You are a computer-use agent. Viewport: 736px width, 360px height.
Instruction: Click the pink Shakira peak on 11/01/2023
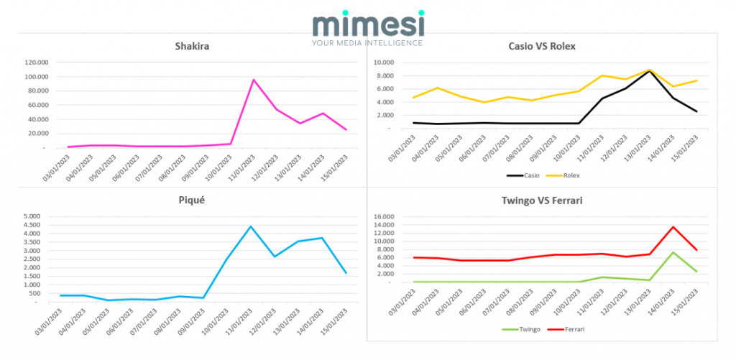pyautogui.click(x=253, y=80)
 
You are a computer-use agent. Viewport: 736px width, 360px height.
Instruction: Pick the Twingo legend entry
pyautogui.click(x=515, y=329)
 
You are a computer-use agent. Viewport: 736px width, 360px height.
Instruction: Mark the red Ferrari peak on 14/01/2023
pyautogui.click(x=673, y=227)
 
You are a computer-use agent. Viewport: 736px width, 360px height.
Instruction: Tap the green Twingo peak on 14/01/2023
pyautogui.click(x=673, y=252)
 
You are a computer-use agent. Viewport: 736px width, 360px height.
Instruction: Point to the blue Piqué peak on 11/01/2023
pyautogui.click(x=251, y=226)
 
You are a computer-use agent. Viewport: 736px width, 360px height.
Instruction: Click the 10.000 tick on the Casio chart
pyautogui.click(x=382, y=63)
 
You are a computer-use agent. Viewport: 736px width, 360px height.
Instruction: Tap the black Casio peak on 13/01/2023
pyautogui.click(x=650, y=70)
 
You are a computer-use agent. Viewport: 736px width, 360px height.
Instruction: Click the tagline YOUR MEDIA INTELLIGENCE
pyautogui.click(x=367, y=42)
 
